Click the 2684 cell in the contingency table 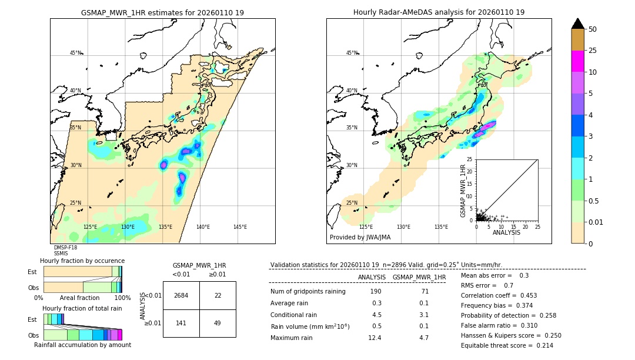[x=181, y=295]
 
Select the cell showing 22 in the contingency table [x=218, y=295]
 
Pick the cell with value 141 [x=181, y=323]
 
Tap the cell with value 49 [x=218, y=323]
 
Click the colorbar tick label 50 [x=593, y=29]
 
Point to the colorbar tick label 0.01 [x=596, y=222]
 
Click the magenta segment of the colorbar [x=577, y=61]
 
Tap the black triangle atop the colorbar [x=577, y=24]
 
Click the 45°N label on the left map [x=75, y=53]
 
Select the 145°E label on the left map [x=240, y=227]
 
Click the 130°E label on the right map [x=403, y=227]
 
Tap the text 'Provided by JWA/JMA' [x=360, y=238]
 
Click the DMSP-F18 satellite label [x=65, y=248]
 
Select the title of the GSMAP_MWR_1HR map [x=162, y=12]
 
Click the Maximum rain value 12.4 [x=375, y=338]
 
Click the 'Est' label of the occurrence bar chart [x=32, y=272]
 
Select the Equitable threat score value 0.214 [x=540, y=345]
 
